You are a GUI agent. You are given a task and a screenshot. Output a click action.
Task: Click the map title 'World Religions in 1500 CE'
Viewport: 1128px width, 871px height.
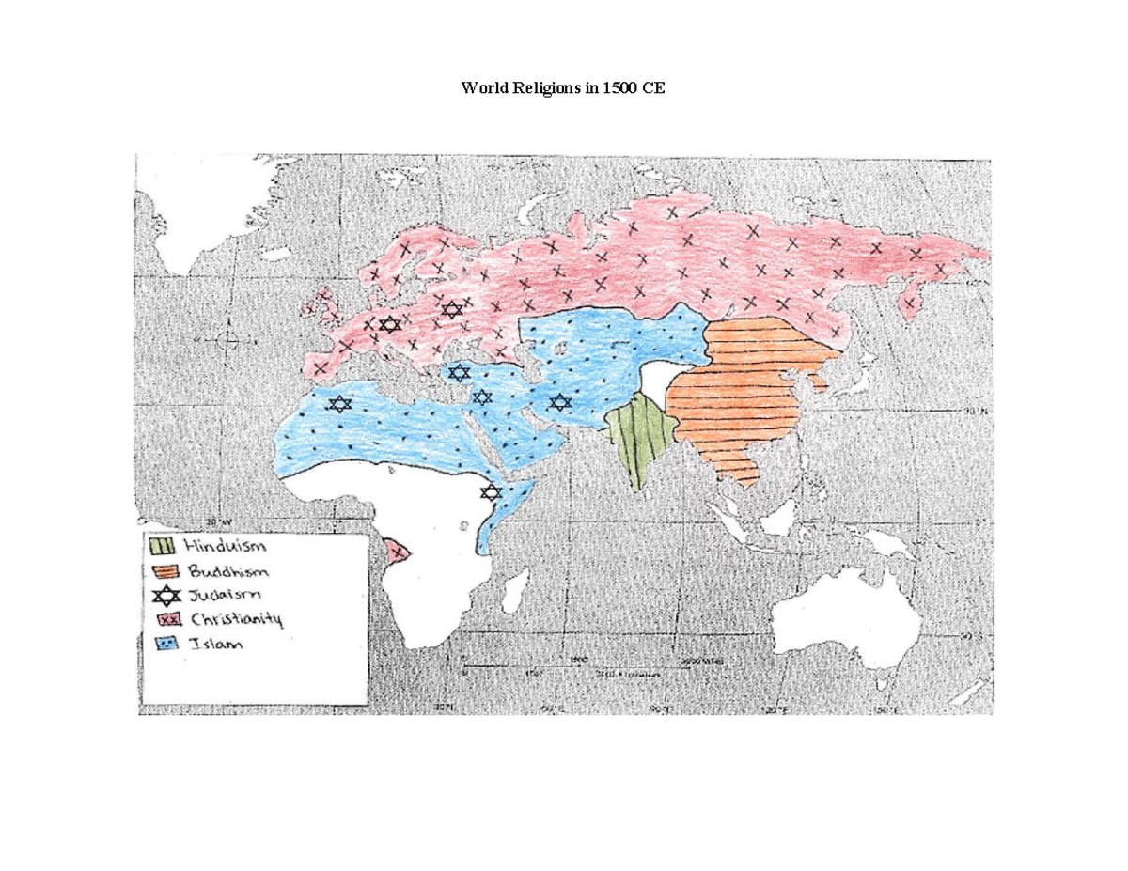(563, 88)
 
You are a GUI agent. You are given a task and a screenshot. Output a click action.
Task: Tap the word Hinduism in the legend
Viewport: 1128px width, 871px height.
(225, 546)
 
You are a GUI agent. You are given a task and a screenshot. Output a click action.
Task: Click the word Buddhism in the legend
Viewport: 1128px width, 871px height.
(227, 571)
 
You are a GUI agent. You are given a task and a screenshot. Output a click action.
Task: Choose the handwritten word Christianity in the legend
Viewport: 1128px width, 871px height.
(236, 619)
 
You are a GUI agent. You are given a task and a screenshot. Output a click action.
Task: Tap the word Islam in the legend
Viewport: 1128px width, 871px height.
(215, 645)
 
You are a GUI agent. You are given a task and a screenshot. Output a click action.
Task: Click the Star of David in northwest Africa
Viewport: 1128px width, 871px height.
(338, 404)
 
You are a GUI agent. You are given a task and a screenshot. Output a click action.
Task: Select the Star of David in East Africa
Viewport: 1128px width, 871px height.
(490, 491)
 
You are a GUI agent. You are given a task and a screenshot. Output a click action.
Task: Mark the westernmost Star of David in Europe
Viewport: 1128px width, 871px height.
(389, 324)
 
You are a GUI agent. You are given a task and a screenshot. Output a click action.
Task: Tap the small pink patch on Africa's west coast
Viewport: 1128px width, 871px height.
(399, 551)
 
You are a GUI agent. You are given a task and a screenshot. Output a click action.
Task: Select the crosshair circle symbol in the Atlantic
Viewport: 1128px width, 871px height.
(227, 341)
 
